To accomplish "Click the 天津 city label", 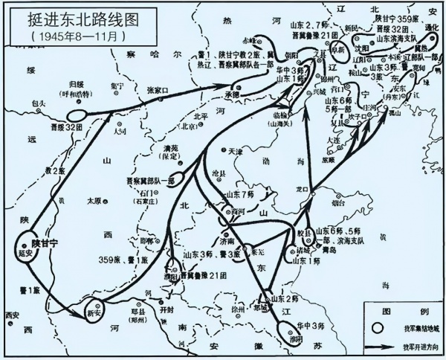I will click(236, 151).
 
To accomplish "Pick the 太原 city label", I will click(93, 201).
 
